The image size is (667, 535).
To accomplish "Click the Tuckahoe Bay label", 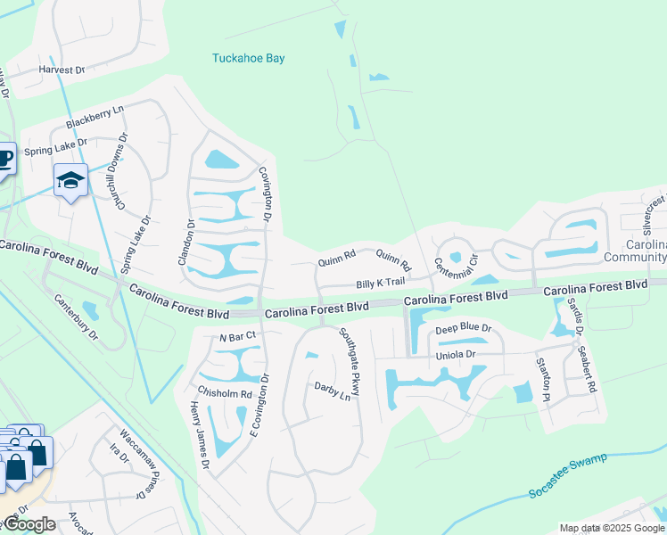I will point(248,59).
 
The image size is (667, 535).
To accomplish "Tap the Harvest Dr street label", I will point(61,70).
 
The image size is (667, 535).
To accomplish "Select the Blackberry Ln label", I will point(95,118).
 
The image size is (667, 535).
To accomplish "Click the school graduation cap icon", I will point(70,181).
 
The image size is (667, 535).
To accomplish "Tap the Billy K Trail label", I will point(381,284).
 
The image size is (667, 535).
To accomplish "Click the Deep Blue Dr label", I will point(463,329).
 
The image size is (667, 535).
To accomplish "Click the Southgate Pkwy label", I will point(350,361).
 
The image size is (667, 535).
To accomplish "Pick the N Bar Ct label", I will point(237,336).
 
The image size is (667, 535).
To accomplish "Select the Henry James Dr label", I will point(198,435).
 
